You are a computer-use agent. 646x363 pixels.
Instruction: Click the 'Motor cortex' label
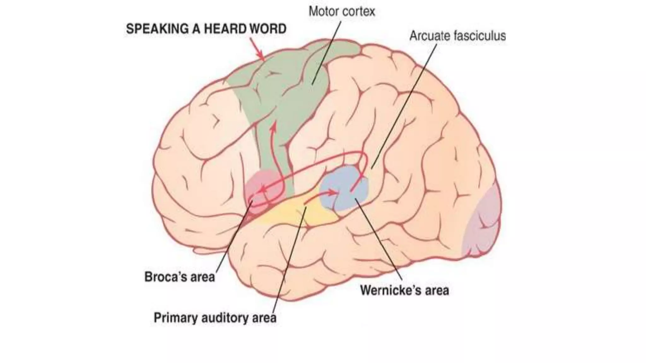342,12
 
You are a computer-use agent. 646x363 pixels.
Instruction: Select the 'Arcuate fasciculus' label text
457,36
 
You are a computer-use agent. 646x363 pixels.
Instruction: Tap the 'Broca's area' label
179,277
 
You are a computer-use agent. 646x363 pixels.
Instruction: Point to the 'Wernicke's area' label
404,290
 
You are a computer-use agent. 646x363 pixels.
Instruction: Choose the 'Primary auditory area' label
215,317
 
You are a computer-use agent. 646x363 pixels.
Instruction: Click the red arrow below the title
257,49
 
